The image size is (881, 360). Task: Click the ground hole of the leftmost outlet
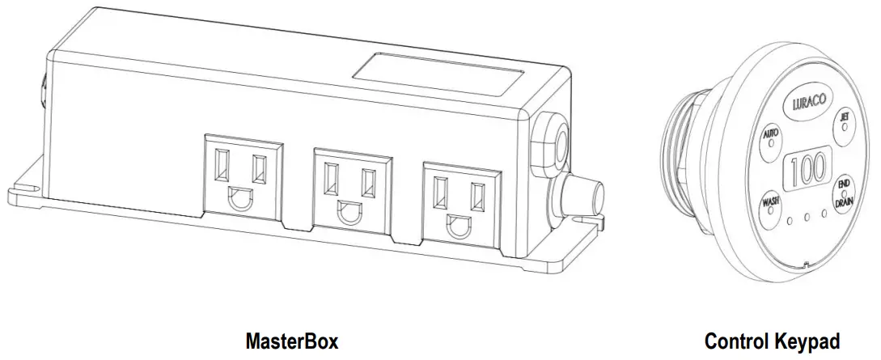pos(241,200)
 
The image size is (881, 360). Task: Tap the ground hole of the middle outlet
pos(349,214)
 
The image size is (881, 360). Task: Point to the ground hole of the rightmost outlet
pos(457,226)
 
